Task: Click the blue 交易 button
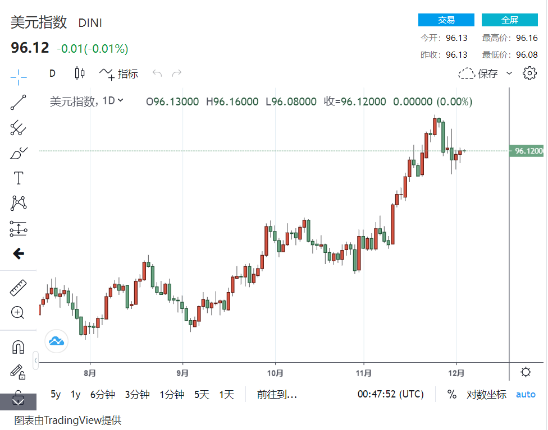446,20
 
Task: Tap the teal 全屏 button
509,20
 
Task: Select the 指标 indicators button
119,73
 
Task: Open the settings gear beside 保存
529,73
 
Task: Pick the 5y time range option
56,394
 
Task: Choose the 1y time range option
75,394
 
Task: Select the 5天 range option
202,394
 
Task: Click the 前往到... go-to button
277,394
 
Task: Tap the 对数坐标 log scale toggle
486,394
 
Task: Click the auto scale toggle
526,394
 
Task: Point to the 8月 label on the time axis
90,372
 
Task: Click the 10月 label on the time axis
275,372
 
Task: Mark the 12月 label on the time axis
456,372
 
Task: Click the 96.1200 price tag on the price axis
527,151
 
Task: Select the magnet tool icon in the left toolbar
18,347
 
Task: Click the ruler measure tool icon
18,288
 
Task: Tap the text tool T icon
18,178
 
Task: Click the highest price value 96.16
527,38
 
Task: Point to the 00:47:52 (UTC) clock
390,394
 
